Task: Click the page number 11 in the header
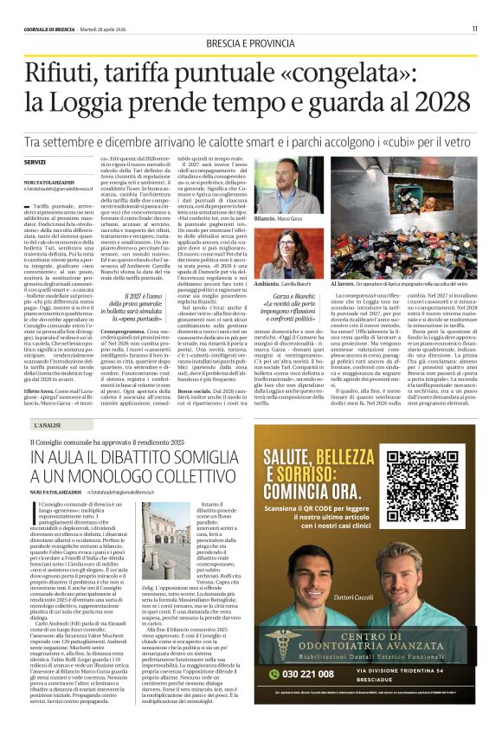coord(475,29)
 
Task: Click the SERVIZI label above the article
coord(35,162)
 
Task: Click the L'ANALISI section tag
coord(48,424)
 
